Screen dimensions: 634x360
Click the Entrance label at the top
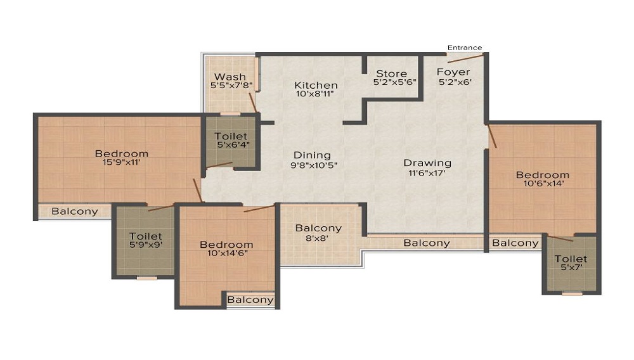pos(465,48)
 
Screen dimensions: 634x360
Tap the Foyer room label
pos(453,72)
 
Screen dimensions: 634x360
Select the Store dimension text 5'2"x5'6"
pos(394,82)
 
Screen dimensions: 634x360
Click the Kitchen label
pos(316,86)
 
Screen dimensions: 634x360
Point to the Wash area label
pos(230,76)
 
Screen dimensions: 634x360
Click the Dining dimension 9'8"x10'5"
pos(314,165)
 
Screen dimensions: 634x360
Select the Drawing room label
pos(427,164)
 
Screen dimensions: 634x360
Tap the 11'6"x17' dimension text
pos(427,173)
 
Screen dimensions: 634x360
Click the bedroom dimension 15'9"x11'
pos(122,162)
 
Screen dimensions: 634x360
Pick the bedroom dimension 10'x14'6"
pos(227,254)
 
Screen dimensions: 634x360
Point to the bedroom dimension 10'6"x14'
pos(543,183)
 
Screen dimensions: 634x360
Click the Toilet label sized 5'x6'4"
pos(231,136)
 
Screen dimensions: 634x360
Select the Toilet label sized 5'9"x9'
pos(146,236)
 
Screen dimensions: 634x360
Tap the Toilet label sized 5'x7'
pos(571,259)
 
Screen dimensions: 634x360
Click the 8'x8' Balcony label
pos(318,228)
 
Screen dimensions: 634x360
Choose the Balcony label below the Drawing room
pos(427,243)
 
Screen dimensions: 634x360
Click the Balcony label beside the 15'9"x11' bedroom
pos(75,211)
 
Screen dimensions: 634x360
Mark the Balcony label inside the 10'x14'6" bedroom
pos(250,300)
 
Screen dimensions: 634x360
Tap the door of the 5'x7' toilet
pos(560,238)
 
